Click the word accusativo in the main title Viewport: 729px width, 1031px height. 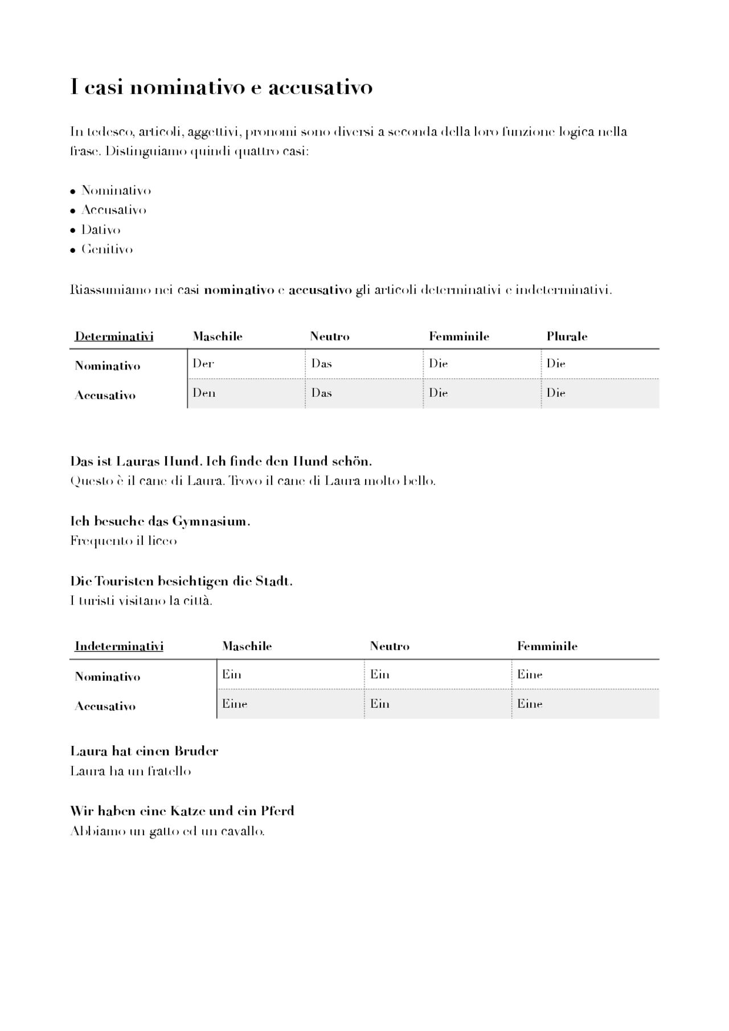[x=320, y=88]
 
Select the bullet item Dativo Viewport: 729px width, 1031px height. [x=101, y=230]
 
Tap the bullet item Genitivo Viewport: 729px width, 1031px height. [x=107, y=249]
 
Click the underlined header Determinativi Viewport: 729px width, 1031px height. [x=114, y=336]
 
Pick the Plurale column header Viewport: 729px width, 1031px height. [x=567, y=336]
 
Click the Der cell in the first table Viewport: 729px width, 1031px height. [x=203, y=364]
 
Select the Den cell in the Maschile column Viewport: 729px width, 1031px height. [x=204, y=393]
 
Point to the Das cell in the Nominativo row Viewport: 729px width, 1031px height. [x=322, y=364]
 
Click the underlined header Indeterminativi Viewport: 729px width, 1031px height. [x=119, y=646]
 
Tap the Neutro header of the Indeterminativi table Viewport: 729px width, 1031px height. [x=390, y=646]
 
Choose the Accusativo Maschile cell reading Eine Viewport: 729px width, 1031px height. [x=235, y=704]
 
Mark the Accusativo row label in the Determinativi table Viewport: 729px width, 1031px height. [x=105, y=396]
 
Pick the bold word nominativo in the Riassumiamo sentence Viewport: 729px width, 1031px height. [x=239, y=290]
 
